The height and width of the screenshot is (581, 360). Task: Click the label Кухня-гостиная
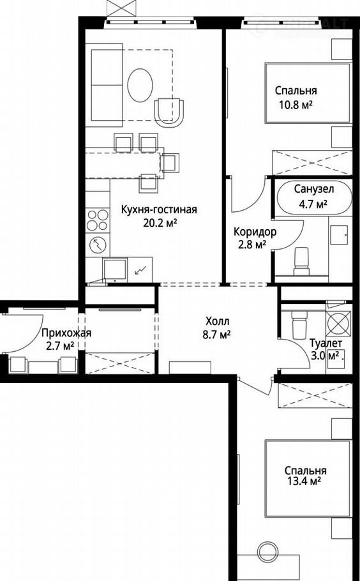click(x=160, y=209)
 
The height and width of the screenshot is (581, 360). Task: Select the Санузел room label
click(x=314, y=190)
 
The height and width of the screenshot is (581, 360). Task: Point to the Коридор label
click(x=255, y=232)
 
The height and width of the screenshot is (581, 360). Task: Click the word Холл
click(x=218, y=321)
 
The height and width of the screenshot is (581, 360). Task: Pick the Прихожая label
click(x=66, y=333)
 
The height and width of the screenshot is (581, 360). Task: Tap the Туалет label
click(x=326, y=343)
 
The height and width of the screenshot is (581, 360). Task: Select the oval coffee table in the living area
click(x=140, y=85)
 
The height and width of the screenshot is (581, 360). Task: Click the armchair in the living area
click(x=169, y=112)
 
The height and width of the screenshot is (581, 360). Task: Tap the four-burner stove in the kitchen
click(x=98, y=220)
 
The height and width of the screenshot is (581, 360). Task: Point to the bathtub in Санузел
click(x=315, y=198)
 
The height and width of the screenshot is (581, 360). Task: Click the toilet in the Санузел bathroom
click(x=301, y=262)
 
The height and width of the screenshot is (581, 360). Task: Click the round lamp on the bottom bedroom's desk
click(x=267, y=550)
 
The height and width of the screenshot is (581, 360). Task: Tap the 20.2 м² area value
click(x=160, y=223)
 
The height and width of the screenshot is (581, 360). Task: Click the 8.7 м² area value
click(x=218, y=335)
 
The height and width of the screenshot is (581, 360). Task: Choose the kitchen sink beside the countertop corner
click(x=115, y=269)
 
